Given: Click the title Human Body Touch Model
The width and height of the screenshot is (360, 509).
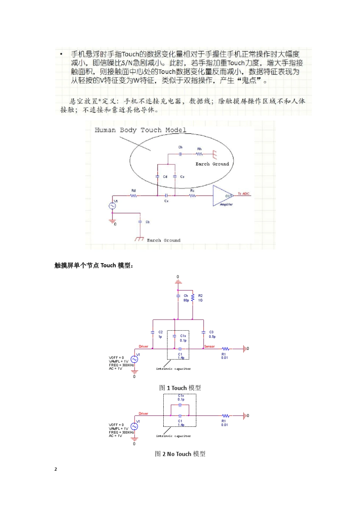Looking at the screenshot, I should (x=140, y=130).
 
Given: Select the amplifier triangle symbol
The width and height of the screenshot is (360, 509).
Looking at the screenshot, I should (x=223, y=195).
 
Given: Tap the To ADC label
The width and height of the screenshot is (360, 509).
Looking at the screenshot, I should (x=243, y=194).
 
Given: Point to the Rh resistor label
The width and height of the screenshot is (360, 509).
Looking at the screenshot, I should (x=199, y=149).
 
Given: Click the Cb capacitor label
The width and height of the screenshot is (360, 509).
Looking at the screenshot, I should (x=148, y=222).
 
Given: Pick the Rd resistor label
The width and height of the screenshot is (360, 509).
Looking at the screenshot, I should (x=133, y=190).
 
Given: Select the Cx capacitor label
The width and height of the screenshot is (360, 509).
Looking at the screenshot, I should (x=166, y=201).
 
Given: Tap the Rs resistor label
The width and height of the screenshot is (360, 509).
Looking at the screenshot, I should (x=193, y=190).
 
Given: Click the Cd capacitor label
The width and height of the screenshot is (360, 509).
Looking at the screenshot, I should (x=165, y=177).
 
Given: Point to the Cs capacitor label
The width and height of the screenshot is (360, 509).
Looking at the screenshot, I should (x=182, y=177).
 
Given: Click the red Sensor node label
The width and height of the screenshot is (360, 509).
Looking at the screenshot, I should (x=209, y=347).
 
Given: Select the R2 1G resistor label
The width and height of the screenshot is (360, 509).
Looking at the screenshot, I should (x=200, y=298).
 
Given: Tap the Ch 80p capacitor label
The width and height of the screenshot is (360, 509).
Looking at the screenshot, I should (x=186, y=298).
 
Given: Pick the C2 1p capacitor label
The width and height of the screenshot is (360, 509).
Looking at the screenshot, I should (x=160, y=334).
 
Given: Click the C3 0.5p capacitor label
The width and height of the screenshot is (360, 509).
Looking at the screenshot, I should (x=212, y=334).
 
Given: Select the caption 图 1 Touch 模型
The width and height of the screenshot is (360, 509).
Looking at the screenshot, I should (x=180, y=388).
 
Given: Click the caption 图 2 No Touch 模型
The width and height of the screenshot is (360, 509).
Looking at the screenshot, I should (x=180, y=454).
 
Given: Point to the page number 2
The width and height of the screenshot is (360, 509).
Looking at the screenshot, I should (x=56, y=469).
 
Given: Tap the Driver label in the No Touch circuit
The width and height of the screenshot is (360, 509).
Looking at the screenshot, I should (x=143, y=414).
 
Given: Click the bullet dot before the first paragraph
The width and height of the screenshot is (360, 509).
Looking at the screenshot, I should (x=61, y=54).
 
